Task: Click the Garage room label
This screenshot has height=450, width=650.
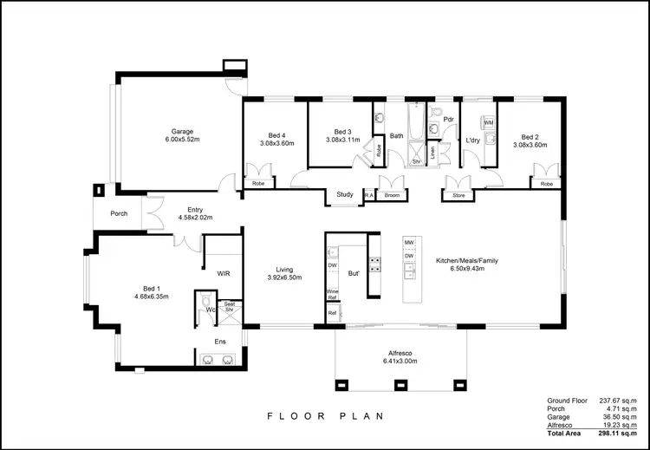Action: pyautogui.click(x=182, y=131)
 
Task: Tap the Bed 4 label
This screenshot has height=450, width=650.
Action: pyautogui.click(x=276, y=135)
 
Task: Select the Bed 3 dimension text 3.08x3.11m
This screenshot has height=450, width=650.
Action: pyautogui.click(x=342, y=140)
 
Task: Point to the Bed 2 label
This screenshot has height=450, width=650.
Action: pyautogui.click(x=530, y=135)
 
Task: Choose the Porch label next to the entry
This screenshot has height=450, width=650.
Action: pyautogui.click(x=120, y=213)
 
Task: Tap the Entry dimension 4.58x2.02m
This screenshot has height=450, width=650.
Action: pyautogui.click(x=194, y=218)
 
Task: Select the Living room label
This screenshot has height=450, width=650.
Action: pyautogui.click(x=284, y=270)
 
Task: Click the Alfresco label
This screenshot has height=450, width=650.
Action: pyautogui.click(x=400, y=353)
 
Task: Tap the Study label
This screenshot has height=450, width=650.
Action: pyautogui.click(x=343, y=195)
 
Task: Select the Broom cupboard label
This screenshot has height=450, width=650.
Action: pyautogui.click(x=392, y=196)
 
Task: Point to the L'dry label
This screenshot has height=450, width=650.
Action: pyautogui.click(x=473, y=140)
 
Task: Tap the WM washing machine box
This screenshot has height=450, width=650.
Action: pyautogui.click(x=488, y=123)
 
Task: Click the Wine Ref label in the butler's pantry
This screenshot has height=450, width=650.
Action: pyautogui.click(x=331, y=294)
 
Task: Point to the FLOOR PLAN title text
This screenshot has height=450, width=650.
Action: pyautogui.click(x=324, y=416)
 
